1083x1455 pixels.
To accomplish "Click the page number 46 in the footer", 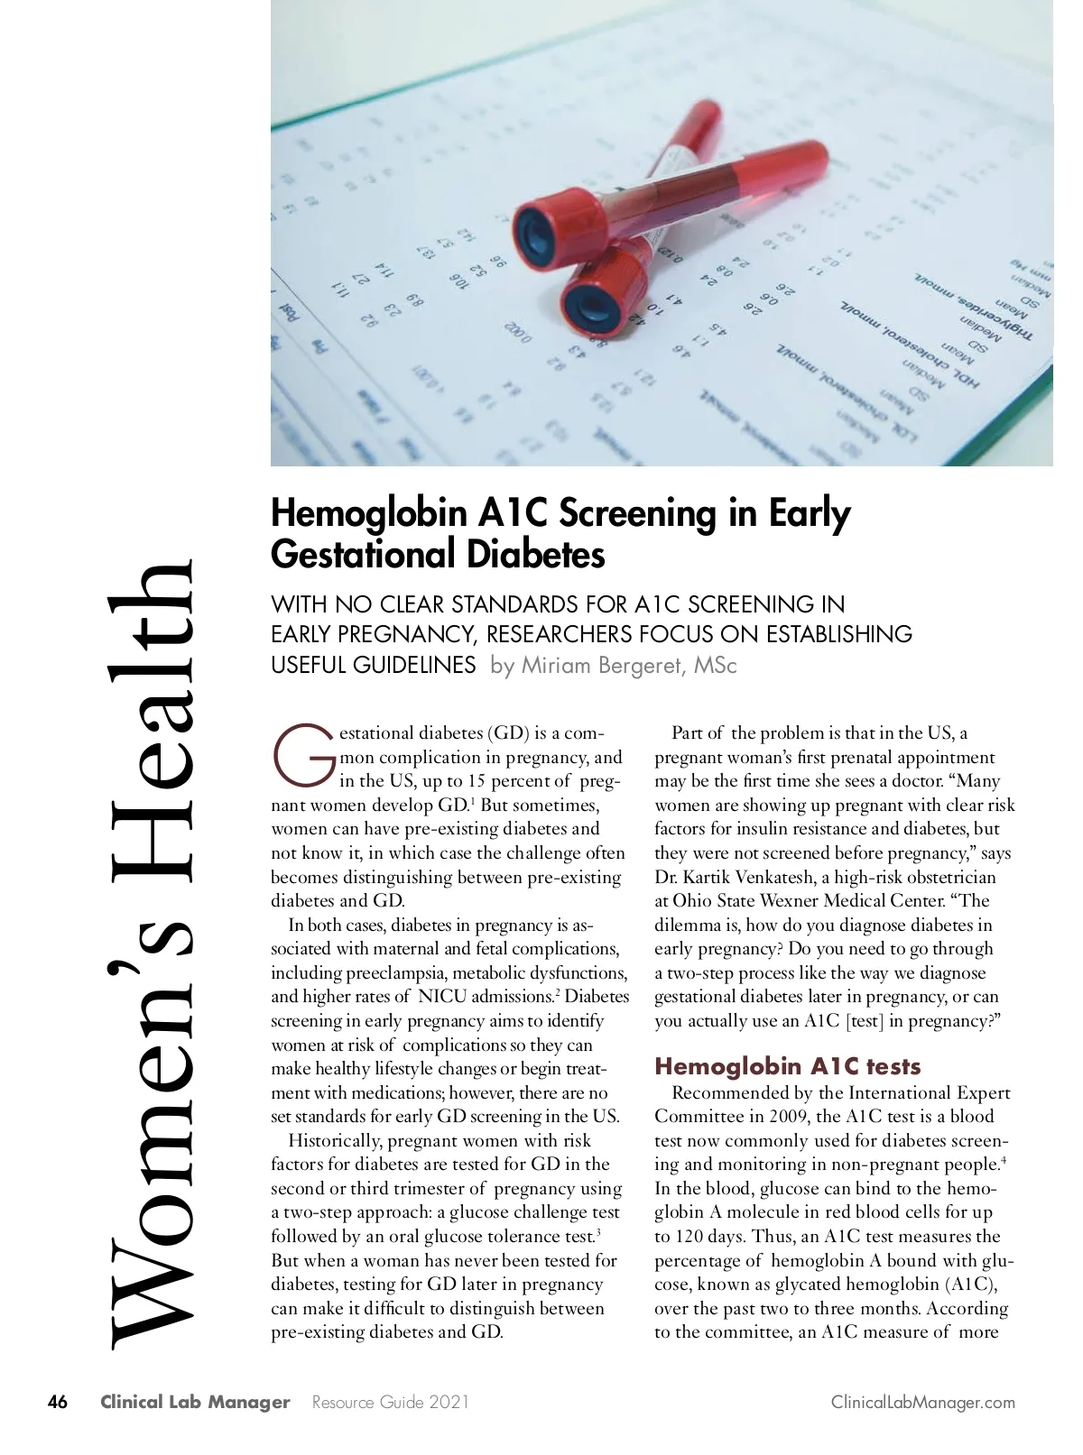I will click(x=57, y=1402).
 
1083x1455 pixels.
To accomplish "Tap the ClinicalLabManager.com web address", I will click(x=923, y=1402).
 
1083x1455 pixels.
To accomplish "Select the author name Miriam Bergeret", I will click(x=613, y=666).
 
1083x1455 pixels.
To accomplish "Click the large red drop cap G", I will click(x=303, y=754).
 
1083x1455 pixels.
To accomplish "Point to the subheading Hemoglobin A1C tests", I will click(x=787, y=1066).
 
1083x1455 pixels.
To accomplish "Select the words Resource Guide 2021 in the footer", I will click(x=390, y=1402).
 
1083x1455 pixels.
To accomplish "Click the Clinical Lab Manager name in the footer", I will click(x=195, y=1402).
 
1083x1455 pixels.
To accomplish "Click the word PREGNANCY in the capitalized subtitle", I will click(x=389, y=634).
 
